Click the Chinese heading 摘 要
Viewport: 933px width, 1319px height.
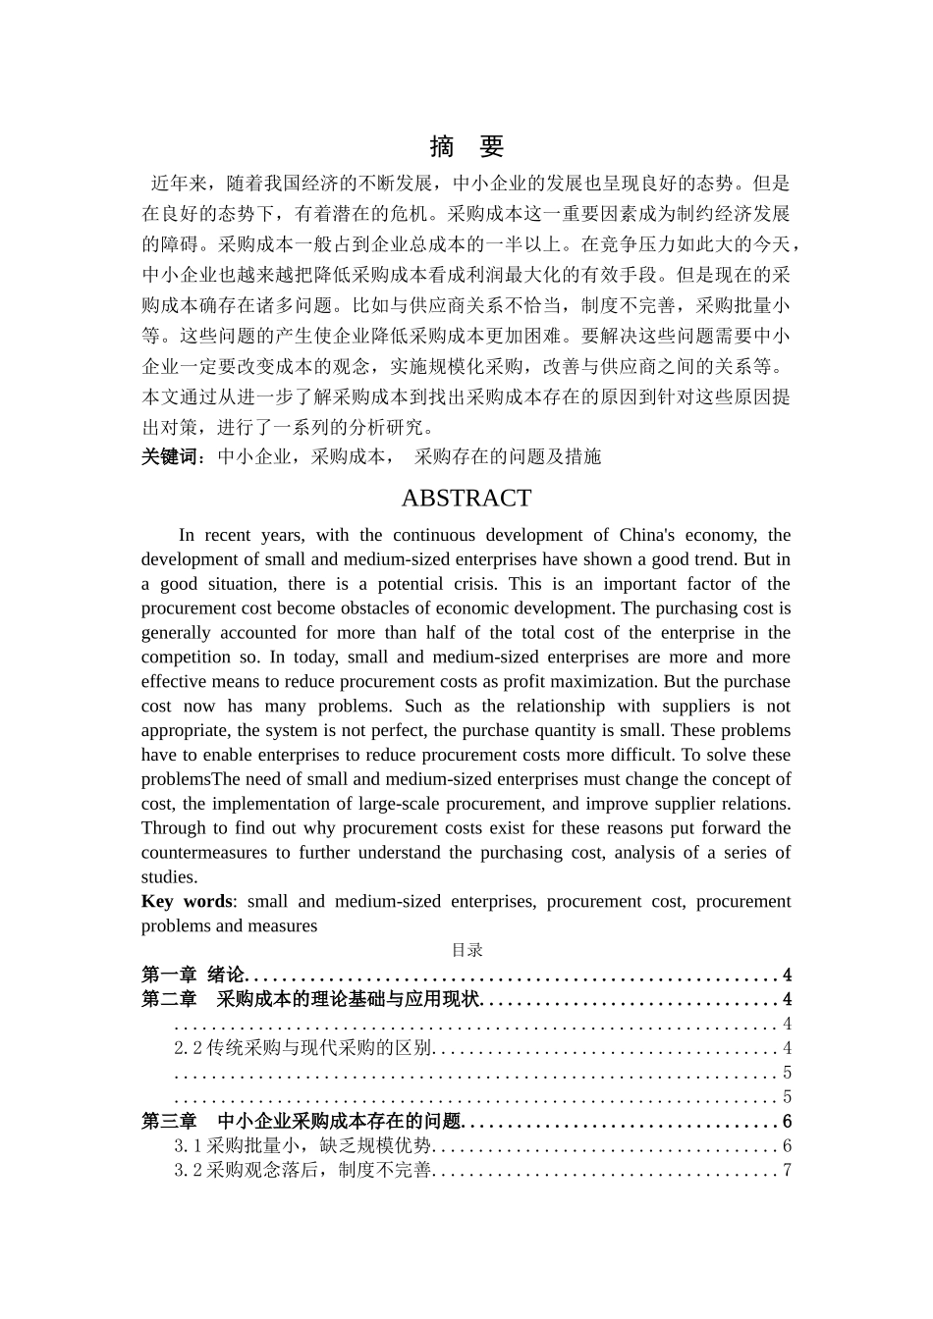[x=466, y=147]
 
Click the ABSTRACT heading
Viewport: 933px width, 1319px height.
[x=466, y=499]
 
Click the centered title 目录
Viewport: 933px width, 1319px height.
[x=466, y=950]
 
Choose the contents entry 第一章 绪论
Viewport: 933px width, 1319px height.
[x=192, y=975]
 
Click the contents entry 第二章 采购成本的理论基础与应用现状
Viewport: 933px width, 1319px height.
[x=310, y=999]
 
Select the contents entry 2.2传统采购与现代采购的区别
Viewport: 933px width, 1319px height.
[x=302, y=1048]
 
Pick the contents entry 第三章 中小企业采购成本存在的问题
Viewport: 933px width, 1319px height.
[x=301, y=1122]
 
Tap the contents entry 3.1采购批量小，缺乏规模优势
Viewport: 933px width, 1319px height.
[x=302, y=1145]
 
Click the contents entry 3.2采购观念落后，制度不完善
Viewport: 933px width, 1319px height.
[x=302, y=1170]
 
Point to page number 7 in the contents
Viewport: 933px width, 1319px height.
[x=787, y=1170]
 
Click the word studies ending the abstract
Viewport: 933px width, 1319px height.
[x=168, y=877]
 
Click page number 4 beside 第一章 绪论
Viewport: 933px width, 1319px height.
[x=787, y=975]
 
